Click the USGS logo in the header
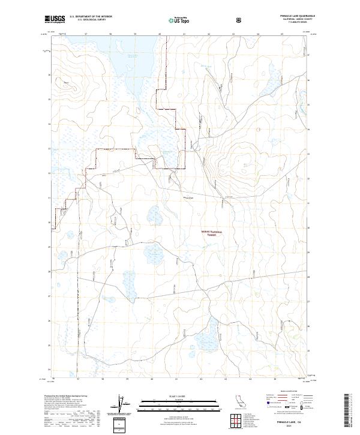55,20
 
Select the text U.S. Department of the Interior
91,17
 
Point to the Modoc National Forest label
211,233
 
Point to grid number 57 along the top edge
86,34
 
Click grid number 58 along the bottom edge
103,379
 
